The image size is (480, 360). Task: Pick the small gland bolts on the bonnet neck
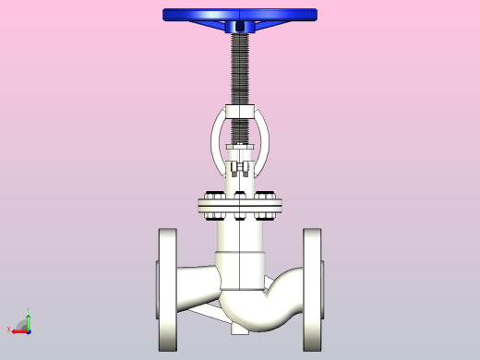(240, 168)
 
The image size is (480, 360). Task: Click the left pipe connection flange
(167, 289)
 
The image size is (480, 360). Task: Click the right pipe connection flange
(313, 289)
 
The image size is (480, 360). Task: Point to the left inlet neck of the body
(196, 282)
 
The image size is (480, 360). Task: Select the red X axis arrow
(18, 330)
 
